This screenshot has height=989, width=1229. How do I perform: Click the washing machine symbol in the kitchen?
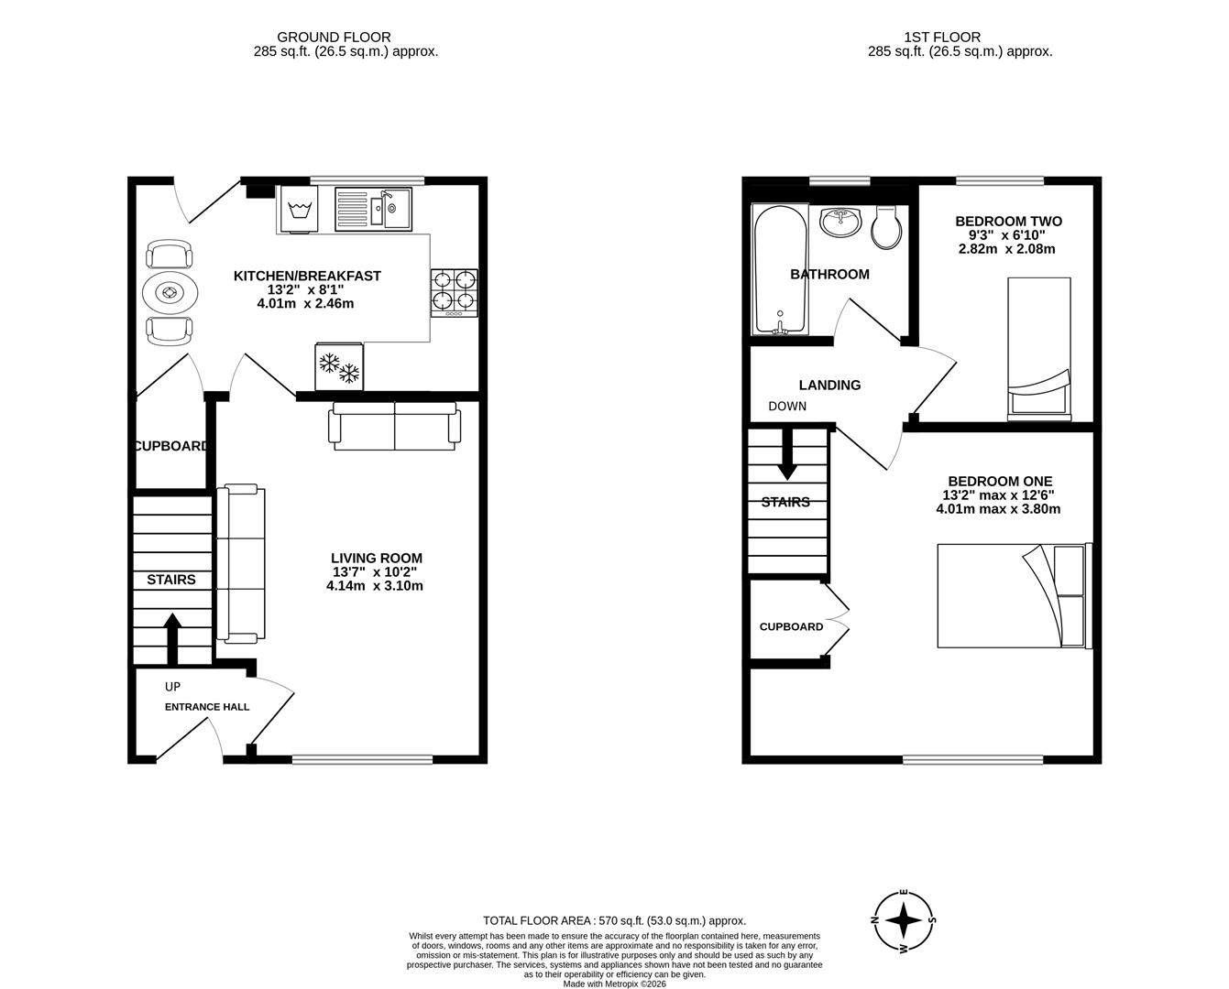pyautogui.click(x=298, y=209)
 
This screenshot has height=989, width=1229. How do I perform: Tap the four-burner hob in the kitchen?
pyautogui.click(x=455, y=293)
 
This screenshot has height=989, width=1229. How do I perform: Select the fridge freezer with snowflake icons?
pyautogui.click(x=339, y=366)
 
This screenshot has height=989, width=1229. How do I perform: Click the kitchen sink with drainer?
pyautogui.click(x=373, y=209)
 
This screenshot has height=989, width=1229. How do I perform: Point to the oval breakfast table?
pyautogui.click(x=170, y=293)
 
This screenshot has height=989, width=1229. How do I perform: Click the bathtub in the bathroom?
pyautogui.click(x=780, y=269)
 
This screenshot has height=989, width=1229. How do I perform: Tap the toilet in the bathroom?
pyautogui.click(x=886, y=226)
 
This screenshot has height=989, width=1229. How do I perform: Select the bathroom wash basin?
pyautogui.click(x=840, y=222)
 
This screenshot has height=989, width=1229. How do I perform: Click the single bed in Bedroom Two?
pyautogui.click(x=1038, y=349)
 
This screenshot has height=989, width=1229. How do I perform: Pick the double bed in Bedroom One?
pyautogui.click(x=1015, y=595)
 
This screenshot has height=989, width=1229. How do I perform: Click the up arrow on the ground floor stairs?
pyautogui.click(x=172, y=638)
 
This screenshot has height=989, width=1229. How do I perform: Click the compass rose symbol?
pyautogui.click(x=904, y=920)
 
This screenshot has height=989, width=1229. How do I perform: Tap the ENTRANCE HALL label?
pyautogui.click(x=207, y=707)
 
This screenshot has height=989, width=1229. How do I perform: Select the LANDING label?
pyautogui.click(x=829, y=386)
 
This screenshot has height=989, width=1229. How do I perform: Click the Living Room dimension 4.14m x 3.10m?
pyautogui.click(x=375, y=586)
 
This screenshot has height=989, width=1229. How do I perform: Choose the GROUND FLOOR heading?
pyautogui.click(x=335, y=38)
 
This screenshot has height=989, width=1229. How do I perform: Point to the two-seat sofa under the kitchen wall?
pyautogui.click(x=395, y=426)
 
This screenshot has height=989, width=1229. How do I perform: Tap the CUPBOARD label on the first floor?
pyautogui.click(x=792, y=626)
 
